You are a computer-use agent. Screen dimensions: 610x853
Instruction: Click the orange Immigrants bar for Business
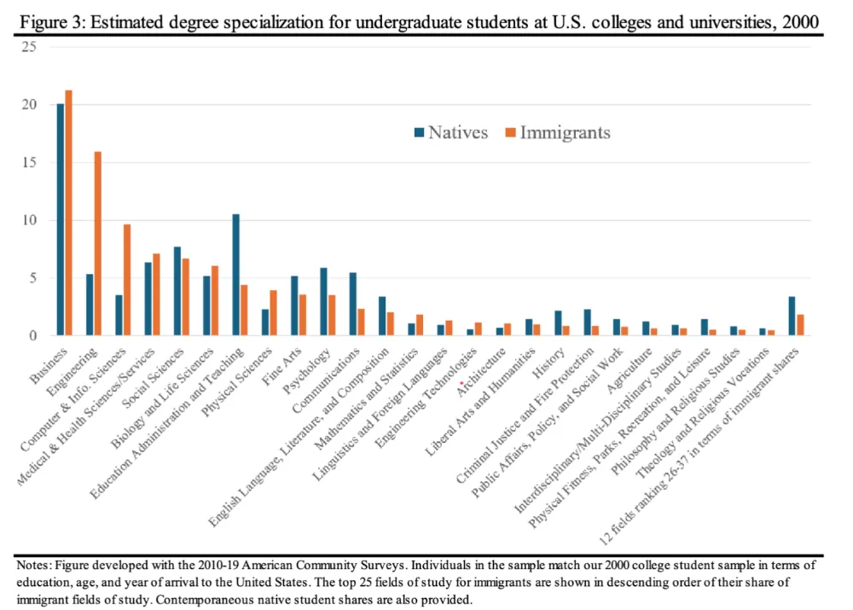(x=69, y=213)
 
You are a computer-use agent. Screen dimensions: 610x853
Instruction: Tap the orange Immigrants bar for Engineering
(x=98, y=244)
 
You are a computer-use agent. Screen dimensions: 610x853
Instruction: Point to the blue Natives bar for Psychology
(x=323, y=302)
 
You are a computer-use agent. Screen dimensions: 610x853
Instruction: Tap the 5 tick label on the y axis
(x=32, y=278)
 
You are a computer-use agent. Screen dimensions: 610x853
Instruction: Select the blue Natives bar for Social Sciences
(x=177, y=291)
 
